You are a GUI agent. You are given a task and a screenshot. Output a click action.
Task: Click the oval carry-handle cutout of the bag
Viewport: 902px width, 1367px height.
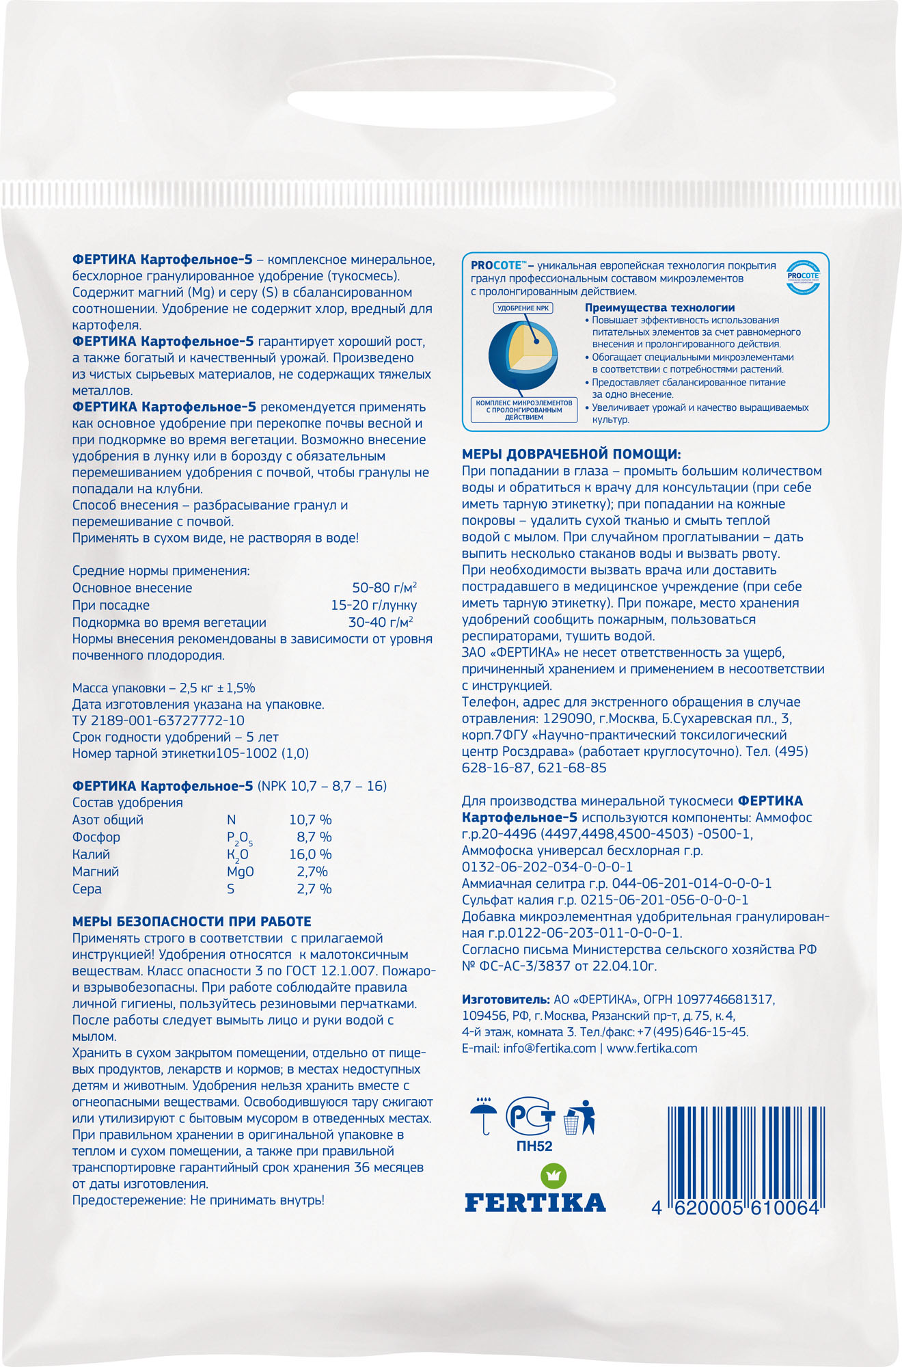click(452, 109)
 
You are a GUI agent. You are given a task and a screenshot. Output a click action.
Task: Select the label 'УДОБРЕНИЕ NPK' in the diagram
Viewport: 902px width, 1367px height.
click(523, 308)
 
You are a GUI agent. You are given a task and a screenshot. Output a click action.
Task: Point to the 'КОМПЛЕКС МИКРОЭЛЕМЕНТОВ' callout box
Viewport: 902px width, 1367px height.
click(524, 410)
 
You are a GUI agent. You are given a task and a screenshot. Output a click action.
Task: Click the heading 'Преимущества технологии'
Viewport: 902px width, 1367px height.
click(659, 308)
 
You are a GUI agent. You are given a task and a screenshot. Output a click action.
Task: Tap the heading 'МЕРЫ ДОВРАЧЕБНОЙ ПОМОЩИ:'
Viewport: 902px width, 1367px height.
click(571, 454)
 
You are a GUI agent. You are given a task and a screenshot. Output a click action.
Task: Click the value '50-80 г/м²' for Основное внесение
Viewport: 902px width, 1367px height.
click(384, 588)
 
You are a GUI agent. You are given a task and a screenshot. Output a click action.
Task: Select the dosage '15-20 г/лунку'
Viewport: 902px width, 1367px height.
click(373, 605)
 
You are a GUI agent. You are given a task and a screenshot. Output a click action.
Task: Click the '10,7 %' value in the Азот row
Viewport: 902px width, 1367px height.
click(310, 820)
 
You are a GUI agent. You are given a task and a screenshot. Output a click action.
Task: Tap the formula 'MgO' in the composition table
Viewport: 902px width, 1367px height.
click(240, 871)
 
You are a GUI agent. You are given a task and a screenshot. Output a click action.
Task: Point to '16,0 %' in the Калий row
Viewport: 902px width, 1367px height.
click(310, 854)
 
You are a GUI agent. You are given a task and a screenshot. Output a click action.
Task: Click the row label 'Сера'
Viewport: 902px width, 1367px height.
click(87, 889)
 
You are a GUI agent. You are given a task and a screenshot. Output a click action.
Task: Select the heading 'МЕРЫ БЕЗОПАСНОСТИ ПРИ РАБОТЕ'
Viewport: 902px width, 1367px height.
click(191, 921)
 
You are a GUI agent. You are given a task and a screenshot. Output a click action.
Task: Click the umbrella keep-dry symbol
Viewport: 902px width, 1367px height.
click(484, 1116)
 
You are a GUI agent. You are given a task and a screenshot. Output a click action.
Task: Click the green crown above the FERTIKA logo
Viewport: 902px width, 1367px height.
click(554, 1176)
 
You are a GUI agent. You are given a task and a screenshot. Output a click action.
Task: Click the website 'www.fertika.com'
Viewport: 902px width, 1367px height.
click(652, 1048)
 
